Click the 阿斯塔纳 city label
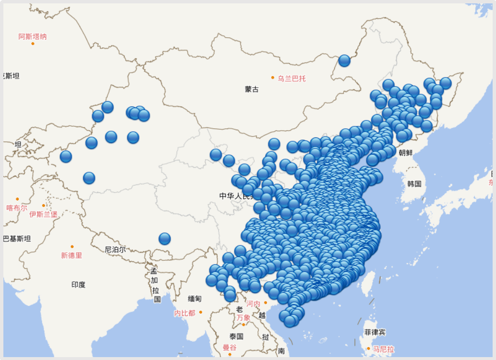[x=33, y=36]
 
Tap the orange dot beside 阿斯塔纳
[x=33, y=44]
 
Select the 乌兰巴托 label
[x=292, y=78]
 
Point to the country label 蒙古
[x=252, y=89]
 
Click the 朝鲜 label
[x=406, y=152]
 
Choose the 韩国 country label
[x=414, y=184]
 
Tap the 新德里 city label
[x=72, y=255]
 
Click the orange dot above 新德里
[x=72, y=247]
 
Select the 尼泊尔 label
[x=115, y=250]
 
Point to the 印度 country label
[x=78, y=285]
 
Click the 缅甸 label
[x=195, y=299]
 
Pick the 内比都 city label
[x=184, y=313]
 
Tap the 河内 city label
[x=253, y=304]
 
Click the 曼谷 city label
[x=230, y=347]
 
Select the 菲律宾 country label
[x=375, y=332]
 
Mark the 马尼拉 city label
[x=384, y=349]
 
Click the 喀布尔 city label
[x=17, y=208]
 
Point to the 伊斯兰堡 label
[x=44, y=214]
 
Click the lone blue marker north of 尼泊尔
[x=165, y=239]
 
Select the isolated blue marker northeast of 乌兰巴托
[x=344, y=60]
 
